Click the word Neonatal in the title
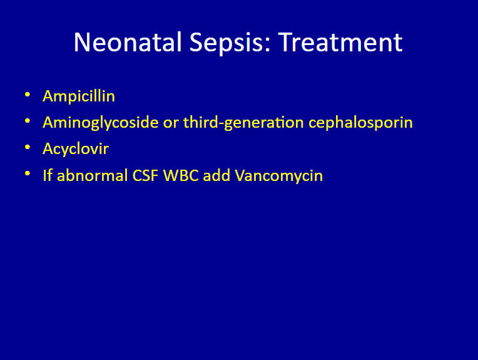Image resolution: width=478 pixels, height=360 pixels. [x=128, y=42]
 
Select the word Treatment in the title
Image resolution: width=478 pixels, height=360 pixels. [x=340, y=42]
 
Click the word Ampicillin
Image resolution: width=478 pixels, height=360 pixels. [x=79, y=96]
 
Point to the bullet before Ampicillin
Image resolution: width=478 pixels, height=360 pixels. [x=28, y=95]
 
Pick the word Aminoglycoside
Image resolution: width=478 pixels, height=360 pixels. [x=101, y=122]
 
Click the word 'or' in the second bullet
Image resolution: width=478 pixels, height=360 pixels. [x=171, y=123]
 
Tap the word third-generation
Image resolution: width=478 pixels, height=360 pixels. [x=243, y=122]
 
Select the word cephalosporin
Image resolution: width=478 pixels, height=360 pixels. [x=360, y=123]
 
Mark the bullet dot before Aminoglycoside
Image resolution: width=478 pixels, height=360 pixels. [x=28, y=121]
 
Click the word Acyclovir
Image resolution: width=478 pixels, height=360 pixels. [x=76, y=149]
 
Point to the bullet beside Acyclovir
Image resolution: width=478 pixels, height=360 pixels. [x=28, y=147]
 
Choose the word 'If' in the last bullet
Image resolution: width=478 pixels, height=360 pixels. [x=48, y=175]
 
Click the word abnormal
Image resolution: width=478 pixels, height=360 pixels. [x=93, y=175]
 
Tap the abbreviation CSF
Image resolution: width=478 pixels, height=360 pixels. [x=145, y=175]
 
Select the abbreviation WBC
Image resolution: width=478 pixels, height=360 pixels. [x=181, y=175]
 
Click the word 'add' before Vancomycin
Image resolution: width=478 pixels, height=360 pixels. [x=216, y=175]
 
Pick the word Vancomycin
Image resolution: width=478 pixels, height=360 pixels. [x=278, y=176]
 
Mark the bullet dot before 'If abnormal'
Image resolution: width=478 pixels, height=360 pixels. [x=28, y=173]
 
